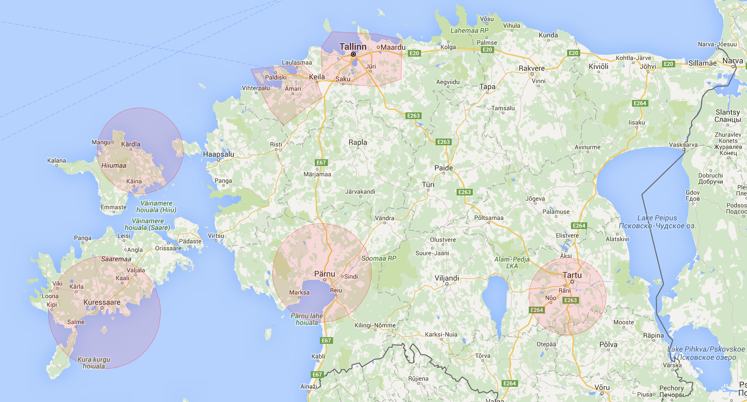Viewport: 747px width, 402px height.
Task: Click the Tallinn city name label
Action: pos(353,47)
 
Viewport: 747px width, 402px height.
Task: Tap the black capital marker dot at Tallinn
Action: pos(353,54)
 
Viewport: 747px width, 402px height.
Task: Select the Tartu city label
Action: pos(572,275)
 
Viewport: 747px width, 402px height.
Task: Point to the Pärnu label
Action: pos(324,274)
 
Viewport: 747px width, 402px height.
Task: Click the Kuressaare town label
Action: pos(102,302)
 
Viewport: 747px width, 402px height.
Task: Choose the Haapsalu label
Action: pos(219,154)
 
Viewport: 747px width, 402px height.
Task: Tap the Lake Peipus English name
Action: pos(657,218)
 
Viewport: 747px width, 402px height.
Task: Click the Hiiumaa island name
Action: pos(114,165)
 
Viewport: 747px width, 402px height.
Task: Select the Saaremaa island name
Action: pos(116,259)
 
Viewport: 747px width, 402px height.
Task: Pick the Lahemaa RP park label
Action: pos(469,30)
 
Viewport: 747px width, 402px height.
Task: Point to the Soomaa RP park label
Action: pos(379,258)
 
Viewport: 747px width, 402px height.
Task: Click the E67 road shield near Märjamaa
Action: pos(321,163)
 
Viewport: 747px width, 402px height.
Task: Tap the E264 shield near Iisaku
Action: pos(640,103)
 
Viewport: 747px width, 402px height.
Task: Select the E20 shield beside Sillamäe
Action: pos(668,64)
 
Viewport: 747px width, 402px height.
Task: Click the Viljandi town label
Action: pos(447,278)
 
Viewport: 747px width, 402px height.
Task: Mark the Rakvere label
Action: pos(532,68)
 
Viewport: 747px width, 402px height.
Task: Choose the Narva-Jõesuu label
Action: pos(717,44)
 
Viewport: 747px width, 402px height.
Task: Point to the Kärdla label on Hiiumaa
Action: pos(131,144)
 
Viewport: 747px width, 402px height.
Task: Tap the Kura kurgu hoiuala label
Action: pos(94,363)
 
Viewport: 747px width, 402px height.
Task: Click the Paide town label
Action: pos(444,168)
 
